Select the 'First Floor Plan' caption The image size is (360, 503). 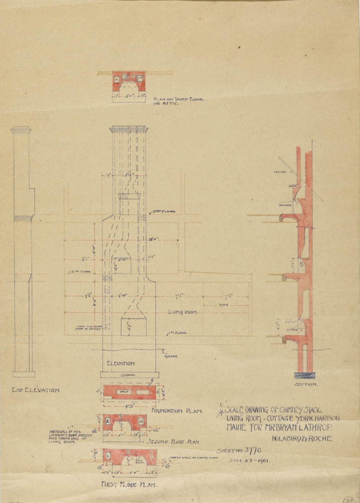130,485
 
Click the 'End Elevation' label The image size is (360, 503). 36,390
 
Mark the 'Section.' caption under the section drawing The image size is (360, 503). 305,384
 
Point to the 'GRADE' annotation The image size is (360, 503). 171,356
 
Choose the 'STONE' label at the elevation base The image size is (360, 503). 130,375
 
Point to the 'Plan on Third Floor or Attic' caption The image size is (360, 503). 178,102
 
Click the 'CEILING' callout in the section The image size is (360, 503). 280,173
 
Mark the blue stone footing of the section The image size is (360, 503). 305,375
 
